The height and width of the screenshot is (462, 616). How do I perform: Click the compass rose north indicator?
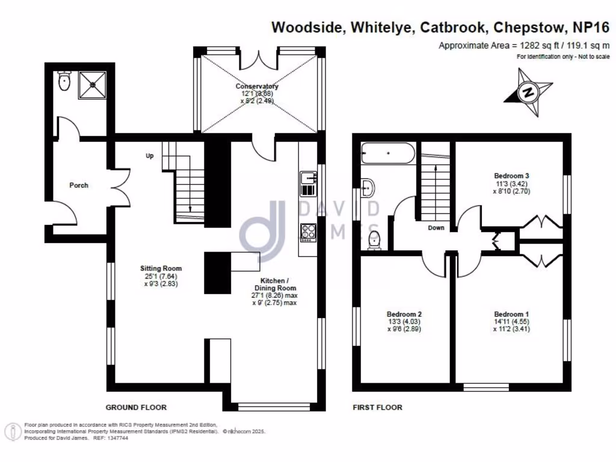529,93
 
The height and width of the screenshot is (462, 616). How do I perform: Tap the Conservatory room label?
257,87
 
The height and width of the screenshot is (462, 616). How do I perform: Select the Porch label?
79,185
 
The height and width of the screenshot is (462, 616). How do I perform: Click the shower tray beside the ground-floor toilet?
93,84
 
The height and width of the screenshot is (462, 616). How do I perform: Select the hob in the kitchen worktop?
308,232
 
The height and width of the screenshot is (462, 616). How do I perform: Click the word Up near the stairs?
150,156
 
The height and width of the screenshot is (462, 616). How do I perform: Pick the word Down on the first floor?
436,228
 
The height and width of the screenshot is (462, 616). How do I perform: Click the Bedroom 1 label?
511,314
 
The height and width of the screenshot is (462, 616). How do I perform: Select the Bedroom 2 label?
404,314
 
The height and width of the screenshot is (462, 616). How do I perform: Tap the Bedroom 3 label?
511,176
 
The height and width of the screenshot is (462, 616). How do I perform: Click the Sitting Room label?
161,268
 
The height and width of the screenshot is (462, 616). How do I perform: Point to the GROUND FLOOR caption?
136,407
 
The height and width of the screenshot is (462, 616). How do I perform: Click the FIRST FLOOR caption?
377,407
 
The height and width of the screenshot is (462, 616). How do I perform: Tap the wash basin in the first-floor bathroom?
368,187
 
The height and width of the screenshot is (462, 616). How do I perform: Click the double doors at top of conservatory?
259,60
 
